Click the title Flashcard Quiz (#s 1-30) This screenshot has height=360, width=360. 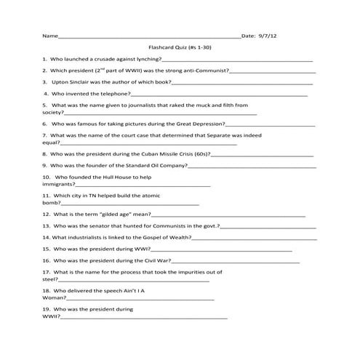[x=180, y=47]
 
